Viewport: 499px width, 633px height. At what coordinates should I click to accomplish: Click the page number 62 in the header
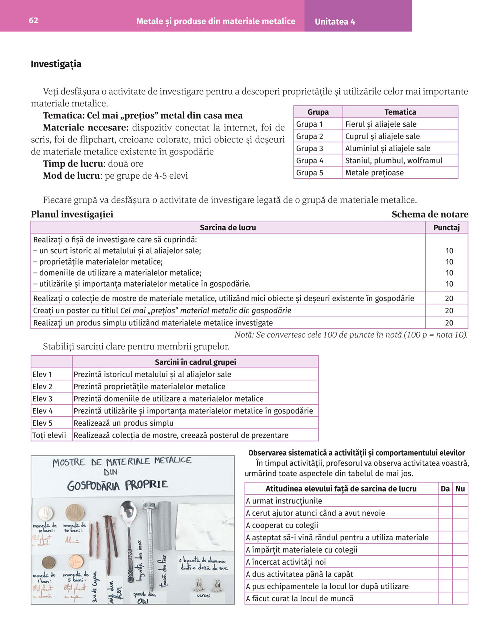tap(33, 21)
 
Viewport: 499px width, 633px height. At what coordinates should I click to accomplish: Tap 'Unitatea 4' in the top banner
tap(335, 22)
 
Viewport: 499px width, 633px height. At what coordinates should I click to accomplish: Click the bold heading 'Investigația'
tap(56, 64)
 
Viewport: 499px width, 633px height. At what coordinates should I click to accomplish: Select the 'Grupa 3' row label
tap(310, 148)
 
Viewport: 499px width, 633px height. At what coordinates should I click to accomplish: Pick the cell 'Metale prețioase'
tap(374, 173)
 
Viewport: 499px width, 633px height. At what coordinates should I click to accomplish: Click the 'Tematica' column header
tap(400, 112)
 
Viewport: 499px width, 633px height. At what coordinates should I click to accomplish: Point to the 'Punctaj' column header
tap(446, 228)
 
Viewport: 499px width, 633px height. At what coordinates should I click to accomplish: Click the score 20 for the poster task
tap(449, 311)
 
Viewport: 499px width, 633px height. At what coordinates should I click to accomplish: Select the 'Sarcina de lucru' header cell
tap(228, 228)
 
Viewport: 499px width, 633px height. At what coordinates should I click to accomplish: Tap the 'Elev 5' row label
tap(42, 423)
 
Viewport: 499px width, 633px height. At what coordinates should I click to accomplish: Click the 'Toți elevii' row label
tap(49, 435)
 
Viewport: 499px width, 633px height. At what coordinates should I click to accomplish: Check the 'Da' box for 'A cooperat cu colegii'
tap(445, 525)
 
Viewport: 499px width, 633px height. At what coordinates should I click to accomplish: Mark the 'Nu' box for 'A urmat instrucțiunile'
tap(460, 501)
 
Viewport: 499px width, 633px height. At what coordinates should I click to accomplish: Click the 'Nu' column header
tap(460, 489)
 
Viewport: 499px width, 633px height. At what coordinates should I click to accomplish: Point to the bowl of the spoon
tap(130, 510)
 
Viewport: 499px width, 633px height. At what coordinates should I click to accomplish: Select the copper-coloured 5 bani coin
tap(76, 562)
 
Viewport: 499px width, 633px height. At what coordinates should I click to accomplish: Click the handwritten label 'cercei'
tap(203, 595)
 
